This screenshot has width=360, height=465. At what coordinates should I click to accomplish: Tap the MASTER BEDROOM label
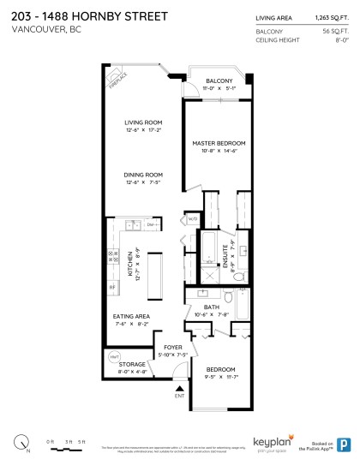pyautogui.click(x=219, y=142)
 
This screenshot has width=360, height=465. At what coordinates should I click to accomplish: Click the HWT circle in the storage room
pyautogui.click(x=114, y=355)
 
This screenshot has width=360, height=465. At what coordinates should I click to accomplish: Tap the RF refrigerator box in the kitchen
pyautogui.click(x=112, y=287)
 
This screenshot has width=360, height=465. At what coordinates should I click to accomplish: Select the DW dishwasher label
pyautogui.click(x=151, y=225)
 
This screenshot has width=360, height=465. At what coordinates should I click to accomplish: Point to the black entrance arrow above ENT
pyautogui.click(x=179, y=388)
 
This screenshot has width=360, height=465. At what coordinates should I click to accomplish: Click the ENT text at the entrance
pyautogui.click(x=179, y=396)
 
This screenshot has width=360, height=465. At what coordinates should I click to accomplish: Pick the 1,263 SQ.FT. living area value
pyautogui.click(x=329, y=16)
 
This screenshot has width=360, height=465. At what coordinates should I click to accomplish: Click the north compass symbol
pyautogui.click(x=21, y=443)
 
